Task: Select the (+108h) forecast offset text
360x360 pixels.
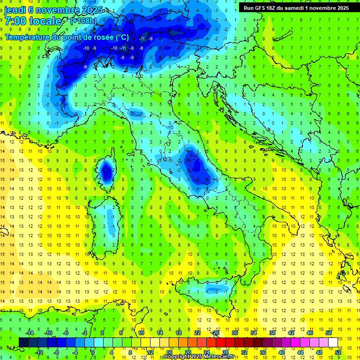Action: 84,21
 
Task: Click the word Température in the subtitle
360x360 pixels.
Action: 28,37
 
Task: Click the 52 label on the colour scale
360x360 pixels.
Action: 338,352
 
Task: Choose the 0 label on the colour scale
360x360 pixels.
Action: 93,352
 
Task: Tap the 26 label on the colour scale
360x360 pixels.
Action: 216,333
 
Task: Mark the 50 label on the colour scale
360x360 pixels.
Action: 329,333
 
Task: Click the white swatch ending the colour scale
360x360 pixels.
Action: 333,342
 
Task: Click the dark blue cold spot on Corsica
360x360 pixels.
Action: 107,172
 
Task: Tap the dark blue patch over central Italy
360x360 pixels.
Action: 197,168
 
